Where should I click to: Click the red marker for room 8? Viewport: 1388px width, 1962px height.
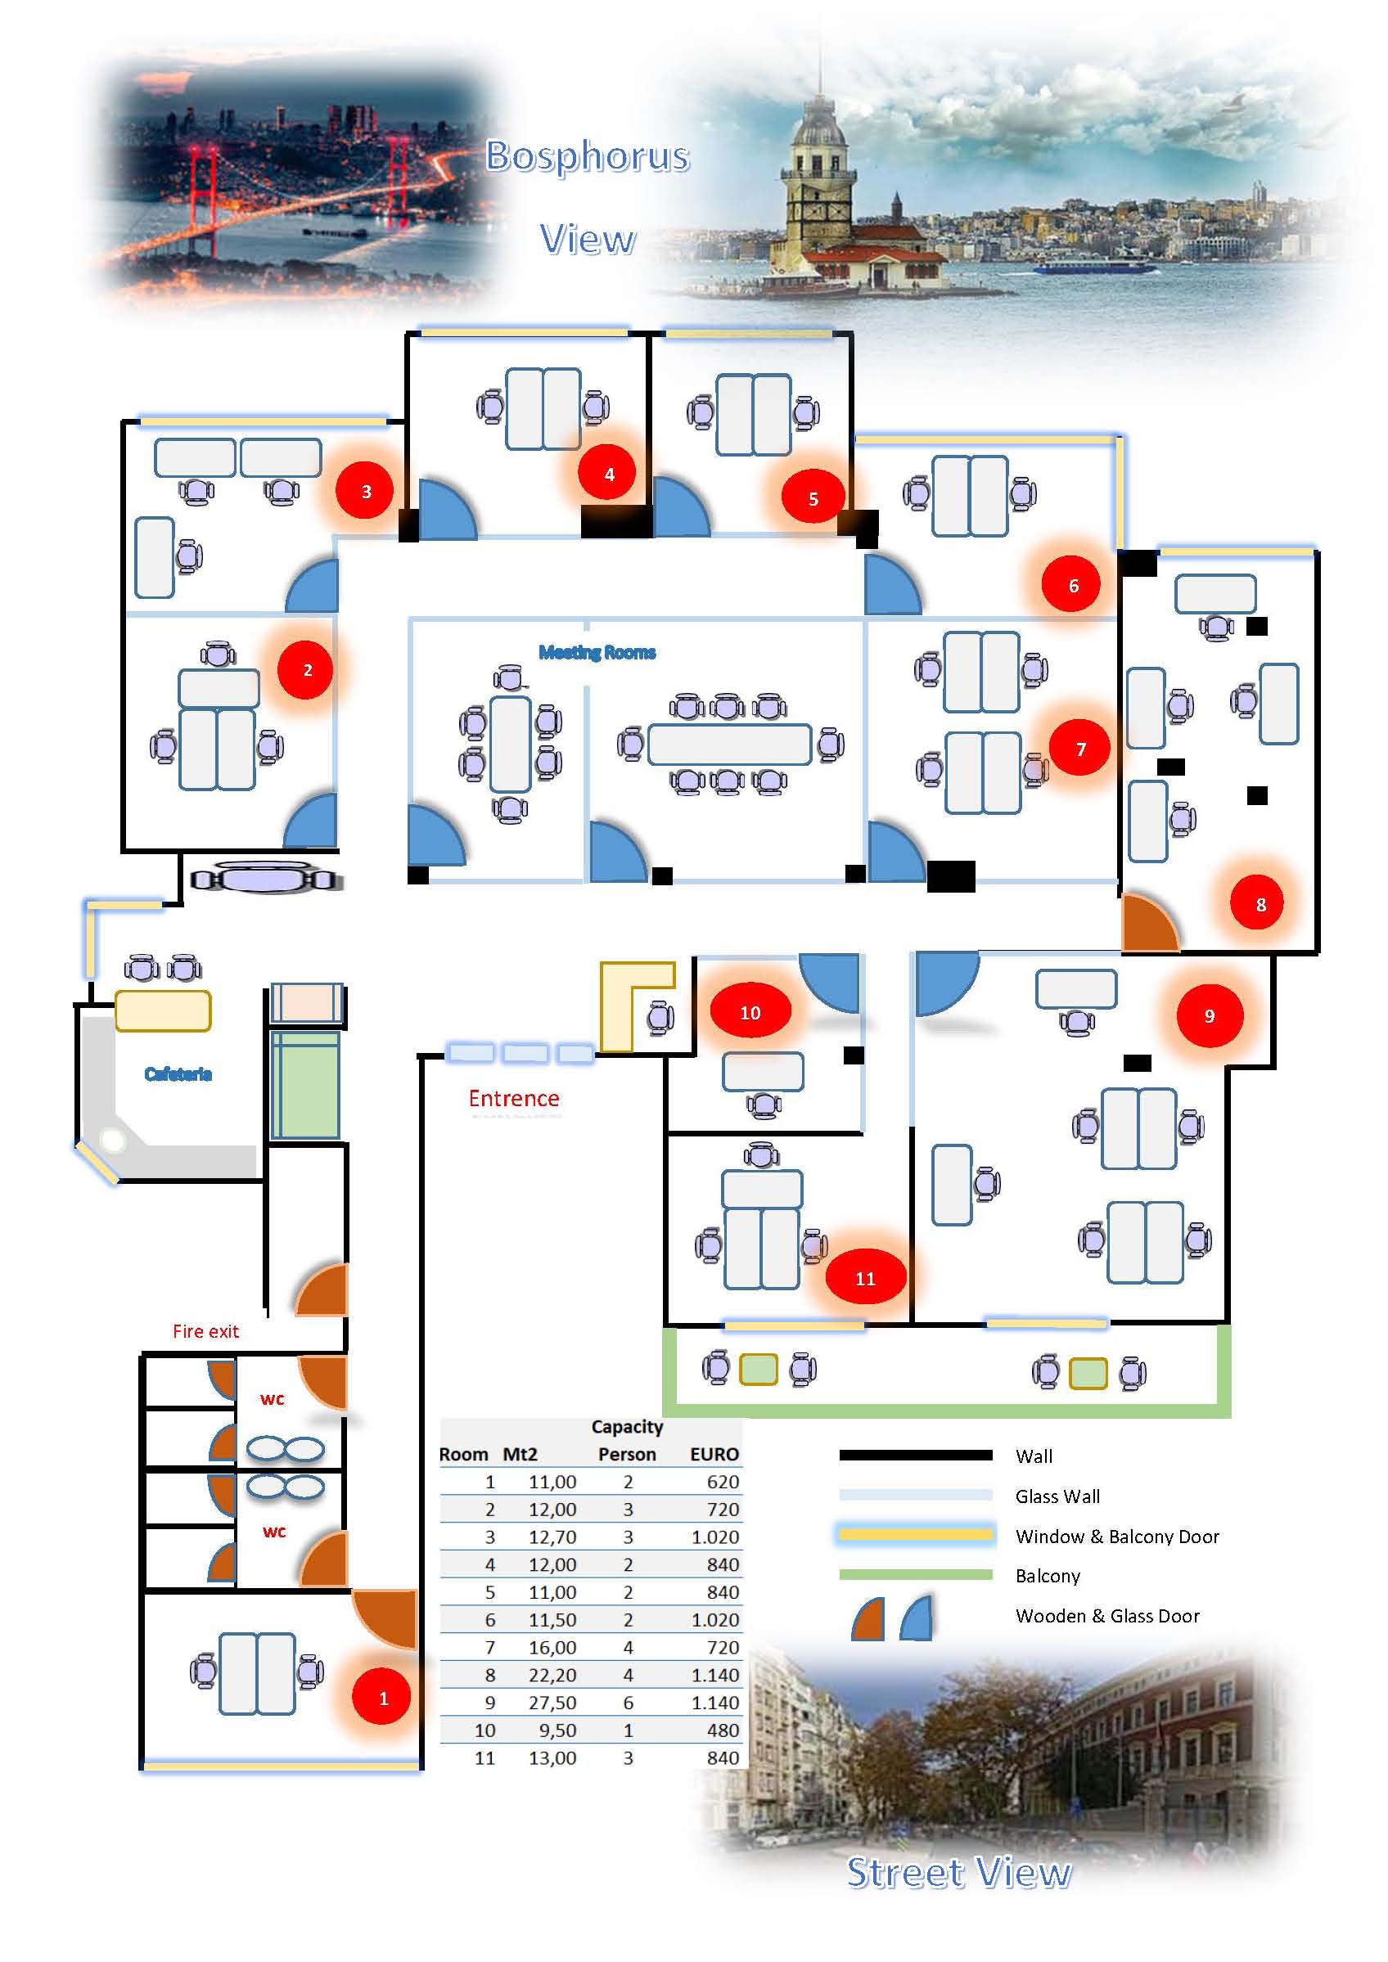1260,904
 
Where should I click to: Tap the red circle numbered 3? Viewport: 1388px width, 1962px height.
366,491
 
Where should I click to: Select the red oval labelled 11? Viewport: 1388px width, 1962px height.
865,1278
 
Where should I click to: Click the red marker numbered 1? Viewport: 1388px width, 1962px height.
383,1698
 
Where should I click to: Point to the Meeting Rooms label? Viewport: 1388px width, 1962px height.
597,653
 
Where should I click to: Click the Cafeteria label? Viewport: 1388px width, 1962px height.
178,1074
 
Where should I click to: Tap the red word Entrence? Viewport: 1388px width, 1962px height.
514,1099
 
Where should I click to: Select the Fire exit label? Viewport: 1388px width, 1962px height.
205,1331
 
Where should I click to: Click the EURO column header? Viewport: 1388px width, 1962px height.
714,1455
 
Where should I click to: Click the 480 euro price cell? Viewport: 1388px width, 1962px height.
722,1730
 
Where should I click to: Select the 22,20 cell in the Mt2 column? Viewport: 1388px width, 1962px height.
552,1675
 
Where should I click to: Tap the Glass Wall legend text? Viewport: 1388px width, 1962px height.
1057,1496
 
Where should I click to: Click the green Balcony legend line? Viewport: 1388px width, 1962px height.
915,1574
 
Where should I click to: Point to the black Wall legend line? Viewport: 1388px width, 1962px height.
915,1456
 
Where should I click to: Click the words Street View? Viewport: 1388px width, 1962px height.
958,1873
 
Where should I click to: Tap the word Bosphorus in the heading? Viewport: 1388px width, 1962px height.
587,156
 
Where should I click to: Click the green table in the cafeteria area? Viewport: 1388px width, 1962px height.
305,1085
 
